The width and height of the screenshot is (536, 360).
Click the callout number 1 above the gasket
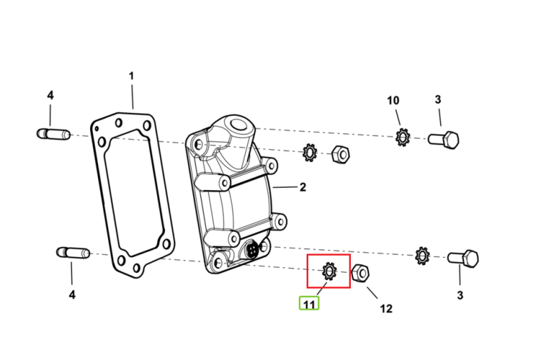click(131, 76)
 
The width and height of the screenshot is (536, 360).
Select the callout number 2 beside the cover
click(303, 187)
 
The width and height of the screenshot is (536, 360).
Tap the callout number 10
click(393, 101)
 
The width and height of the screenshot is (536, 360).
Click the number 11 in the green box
click(309, 304)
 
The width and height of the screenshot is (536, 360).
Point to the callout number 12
click(386, 309)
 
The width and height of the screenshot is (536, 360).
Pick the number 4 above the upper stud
click(50, 95)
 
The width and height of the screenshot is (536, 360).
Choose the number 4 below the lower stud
click(72, 294)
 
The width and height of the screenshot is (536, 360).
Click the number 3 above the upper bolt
click(438, 100)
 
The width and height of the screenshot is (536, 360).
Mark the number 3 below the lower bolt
click(460, 295)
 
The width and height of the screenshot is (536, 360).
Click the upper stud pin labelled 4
click(54, 134)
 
